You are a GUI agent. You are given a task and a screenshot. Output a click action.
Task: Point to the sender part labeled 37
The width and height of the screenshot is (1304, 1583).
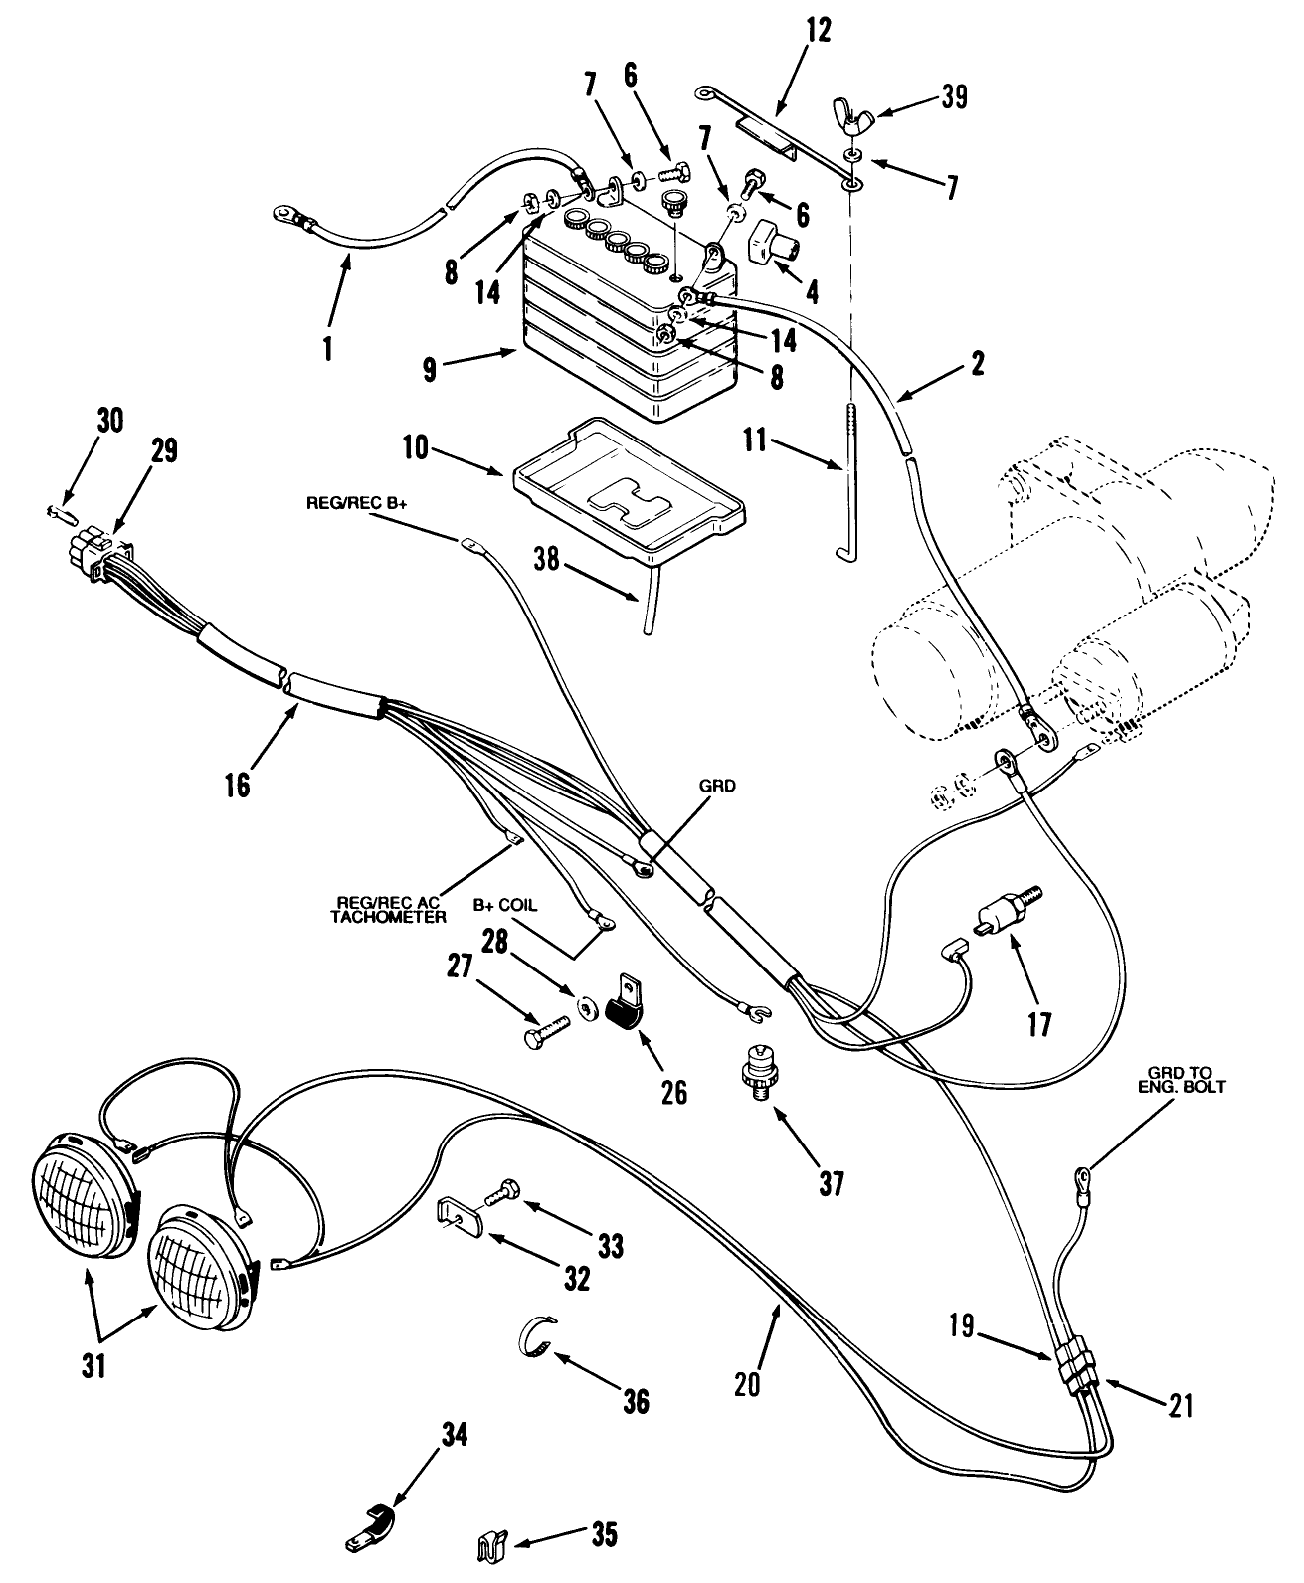(x=760, y=1074)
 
